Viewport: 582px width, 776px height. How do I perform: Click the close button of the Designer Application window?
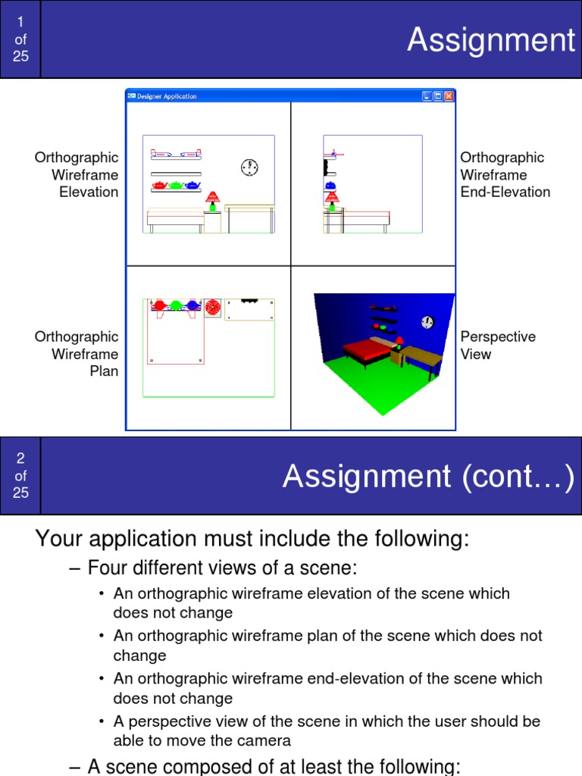(x=449, y=96)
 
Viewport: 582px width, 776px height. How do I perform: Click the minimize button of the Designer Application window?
(x=427, y=96)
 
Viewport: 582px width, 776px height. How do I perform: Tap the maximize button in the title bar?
(x=438, y=96)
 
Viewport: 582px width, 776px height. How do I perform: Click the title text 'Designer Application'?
(x=167, y=96)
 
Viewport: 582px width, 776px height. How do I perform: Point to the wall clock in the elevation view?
(x=249, y=167)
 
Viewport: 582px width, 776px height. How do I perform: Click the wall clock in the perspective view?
(x=427, y=322)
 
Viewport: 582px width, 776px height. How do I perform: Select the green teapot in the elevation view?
(x=176, y=184)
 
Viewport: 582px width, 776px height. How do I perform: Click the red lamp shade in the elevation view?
(x=212, y=196)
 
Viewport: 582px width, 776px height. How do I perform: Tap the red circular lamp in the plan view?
(x=213, y=308)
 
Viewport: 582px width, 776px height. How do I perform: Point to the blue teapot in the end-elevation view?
(x=330, y=185)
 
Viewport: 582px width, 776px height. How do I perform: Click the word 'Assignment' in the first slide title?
(x=491, y=39)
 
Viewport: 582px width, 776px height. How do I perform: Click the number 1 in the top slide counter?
(x=20, y=22)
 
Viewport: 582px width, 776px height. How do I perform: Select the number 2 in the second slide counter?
(x=20, y=458)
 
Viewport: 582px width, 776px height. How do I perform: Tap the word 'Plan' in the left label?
(x=104, y=371)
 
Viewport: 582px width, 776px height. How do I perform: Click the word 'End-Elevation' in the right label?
(x=505, y=192)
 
